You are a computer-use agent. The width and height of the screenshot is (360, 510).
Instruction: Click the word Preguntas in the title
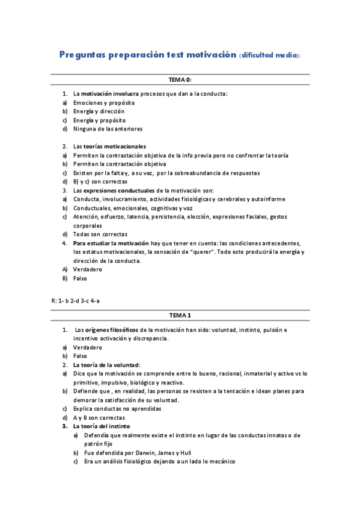82,55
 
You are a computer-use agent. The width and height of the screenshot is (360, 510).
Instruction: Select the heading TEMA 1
180,315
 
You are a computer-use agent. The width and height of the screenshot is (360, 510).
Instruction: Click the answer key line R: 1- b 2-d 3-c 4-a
76,300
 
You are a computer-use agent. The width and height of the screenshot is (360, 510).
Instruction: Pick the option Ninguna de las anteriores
108,128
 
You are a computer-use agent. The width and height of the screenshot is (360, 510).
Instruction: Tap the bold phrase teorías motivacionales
115,146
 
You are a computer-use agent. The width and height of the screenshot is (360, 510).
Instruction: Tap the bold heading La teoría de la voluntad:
106,364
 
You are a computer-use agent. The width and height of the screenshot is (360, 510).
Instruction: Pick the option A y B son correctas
99,417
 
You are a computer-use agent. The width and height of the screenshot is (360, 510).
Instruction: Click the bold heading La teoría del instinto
103,426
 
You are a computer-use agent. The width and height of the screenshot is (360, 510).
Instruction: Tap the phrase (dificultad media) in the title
269,55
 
